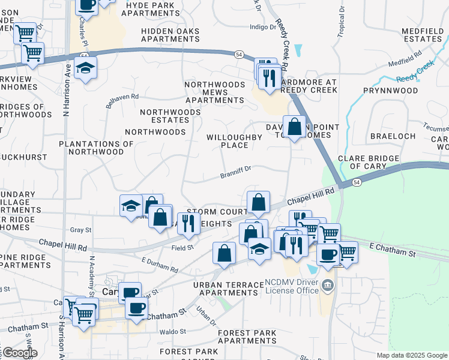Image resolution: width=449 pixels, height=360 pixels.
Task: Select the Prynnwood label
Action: point(390,91)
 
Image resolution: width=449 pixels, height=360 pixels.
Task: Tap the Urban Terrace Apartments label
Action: point(228,289)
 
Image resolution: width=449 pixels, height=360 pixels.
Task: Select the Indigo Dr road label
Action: point(261,26)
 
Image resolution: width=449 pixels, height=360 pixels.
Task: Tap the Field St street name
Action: point(182,247)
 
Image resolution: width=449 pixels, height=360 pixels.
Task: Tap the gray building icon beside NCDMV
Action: point(327,284)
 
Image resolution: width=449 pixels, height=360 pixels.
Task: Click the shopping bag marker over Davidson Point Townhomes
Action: point(294,127)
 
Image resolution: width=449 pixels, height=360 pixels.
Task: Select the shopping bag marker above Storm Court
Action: point(258,203)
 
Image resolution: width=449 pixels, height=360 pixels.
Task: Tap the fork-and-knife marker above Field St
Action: point(189,223)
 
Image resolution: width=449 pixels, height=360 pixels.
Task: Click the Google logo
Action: point(20,353)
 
